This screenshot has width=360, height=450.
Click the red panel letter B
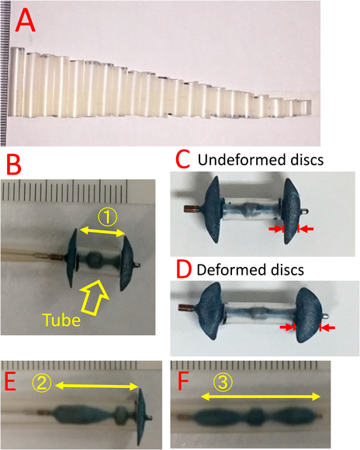coord(13,165)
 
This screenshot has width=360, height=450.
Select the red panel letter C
coord(183,160)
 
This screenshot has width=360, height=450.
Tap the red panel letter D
coord(184,269)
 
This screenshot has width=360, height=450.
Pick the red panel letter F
coord(184,382)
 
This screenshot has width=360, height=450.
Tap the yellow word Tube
coord(61,320)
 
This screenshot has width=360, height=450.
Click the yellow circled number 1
coord(107,217)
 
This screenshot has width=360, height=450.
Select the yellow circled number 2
coord(43,383)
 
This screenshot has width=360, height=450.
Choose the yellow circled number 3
coord(223,383)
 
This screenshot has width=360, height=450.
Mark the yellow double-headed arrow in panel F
coord(261,397)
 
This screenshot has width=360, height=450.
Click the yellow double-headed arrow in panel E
coord(97,386)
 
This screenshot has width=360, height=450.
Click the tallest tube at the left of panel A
coord(16,81)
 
